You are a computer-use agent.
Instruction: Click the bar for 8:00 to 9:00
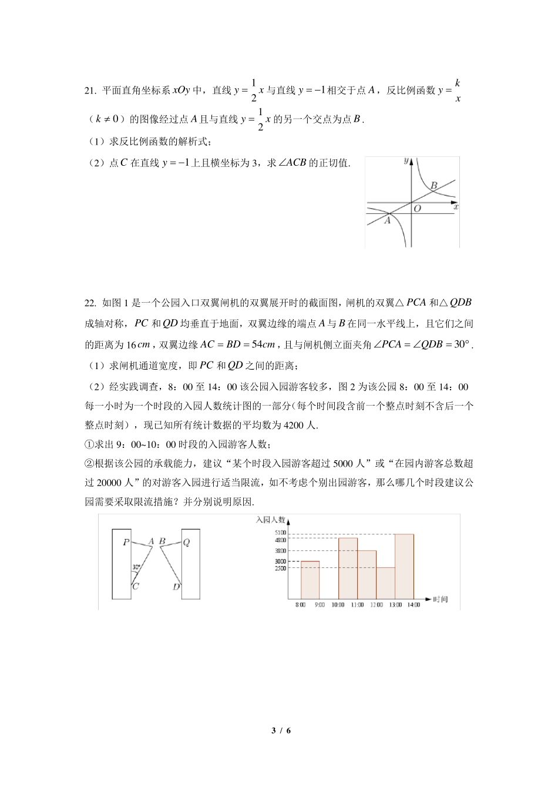(x=310, y=580)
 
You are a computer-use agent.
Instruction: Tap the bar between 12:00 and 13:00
(x=385, y=583)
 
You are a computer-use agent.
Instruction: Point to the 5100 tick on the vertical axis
(x=280, y=533)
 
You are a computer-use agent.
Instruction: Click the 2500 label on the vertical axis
(x=280, y=568)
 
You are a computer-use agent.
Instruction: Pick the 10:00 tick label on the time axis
(x=338, y=605)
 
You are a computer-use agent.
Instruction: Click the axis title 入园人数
(x=270, y=520)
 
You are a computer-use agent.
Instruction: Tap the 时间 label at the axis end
(x=440, y=599)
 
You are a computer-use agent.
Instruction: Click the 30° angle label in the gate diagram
(x=136, y=567)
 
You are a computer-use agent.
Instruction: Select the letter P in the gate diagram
(x=126, y=543)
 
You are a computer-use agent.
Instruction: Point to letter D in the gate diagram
(x=176, y=587)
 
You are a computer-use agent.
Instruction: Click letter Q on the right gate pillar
(x=187, y=543)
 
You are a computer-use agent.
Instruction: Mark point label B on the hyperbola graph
(x=434, y=186)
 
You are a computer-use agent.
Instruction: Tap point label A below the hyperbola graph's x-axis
(x=387, y=221)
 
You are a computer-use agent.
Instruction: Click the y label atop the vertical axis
(x=406, y=160)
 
